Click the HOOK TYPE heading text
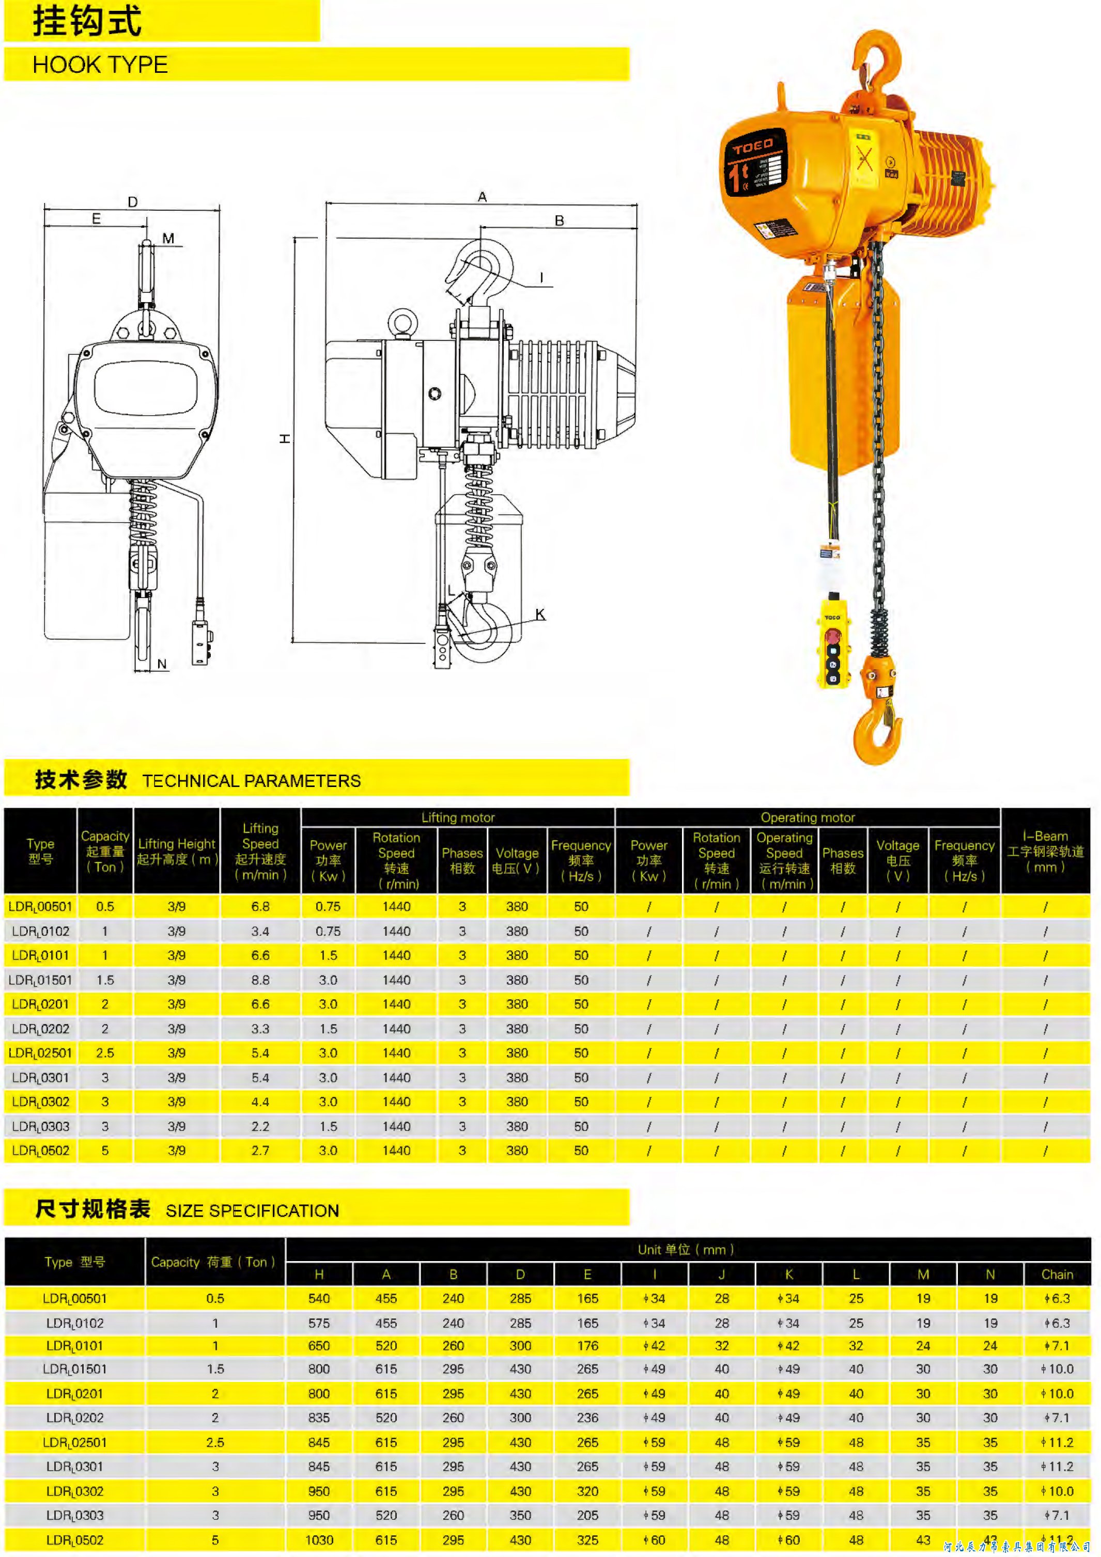[100, 65]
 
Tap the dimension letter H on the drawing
[286, 439]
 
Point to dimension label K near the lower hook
[540, 615]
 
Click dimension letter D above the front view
[133, 201]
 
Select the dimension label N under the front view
[161, 664]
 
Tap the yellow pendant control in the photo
[832, 641]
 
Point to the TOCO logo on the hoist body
[753, 146]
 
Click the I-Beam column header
[1045, 851]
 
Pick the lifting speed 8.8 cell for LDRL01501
[260, 980]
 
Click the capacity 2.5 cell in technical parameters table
[105, 1053]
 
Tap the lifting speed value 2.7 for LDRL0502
[260, 1151]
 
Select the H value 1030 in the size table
[319, 1540]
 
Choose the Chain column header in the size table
[1057, 1275]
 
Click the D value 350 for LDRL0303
[520, 1516]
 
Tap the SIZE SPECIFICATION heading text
[252, 1211]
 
